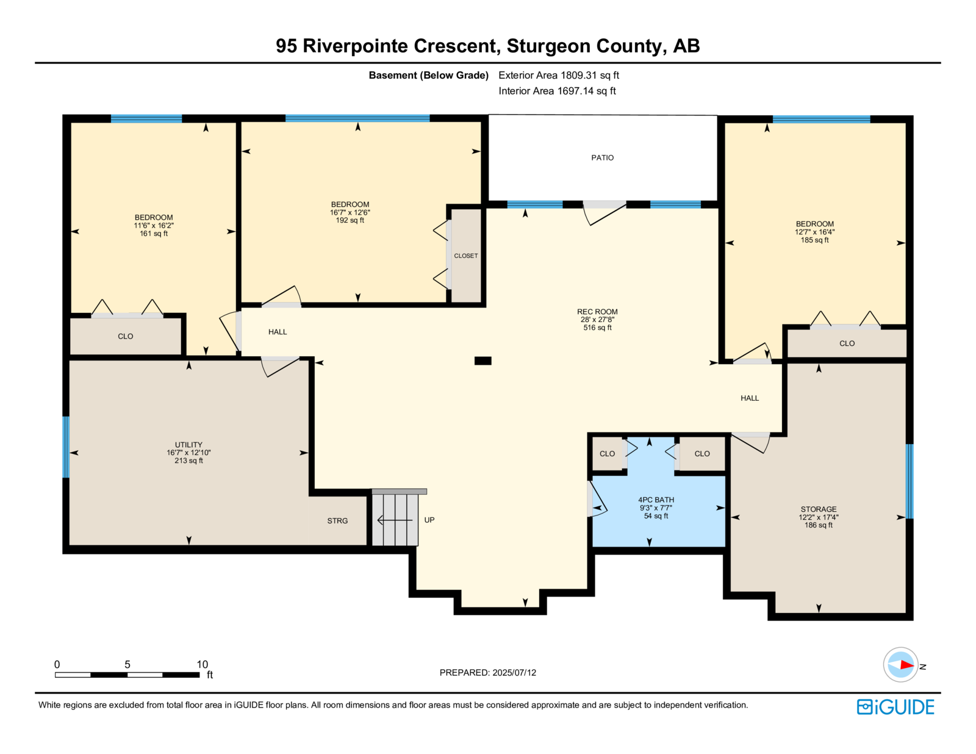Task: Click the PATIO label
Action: pyautogui.click(x=602, y=157)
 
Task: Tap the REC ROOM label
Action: pyautogui.click(x=597, y=312)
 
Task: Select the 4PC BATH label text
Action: pyautogui.click(x=656, y=500)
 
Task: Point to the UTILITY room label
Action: pyautogui.click(x=188, y=445)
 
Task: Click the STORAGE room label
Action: pyautogui.click(x=819, y=509)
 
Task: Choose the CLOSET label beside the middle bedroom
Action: pyautogui.click(x=466, y=256)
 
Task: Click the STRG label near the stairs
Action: pyautogui.click(x=337, y=521)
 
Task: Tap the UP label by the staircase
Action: pyautogui.click(x=429, y=520)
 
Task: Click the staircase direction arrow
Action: pyautogui.click(x=395, y=520)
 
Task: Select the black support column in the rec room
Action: pyautogui.click(x=483, y=361)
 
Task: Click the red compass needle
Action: pyautogui.click(x=907, y=665)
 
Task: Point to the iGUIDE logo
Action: pyautogui.click(x=895, y=707)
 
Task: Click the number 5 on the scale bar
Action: pyautogui.click(x=127, y=665)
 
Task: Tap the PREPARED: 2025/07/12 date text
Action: pyautogui.click(x=488, y=673)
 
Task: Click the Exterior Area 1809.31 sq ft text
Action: pyautogui.click(x=559, y=76)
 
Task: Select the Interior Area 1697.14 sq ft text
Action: pyautogui.click(x=557, y=91)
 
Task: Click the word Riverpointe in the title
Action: pyautogui.click(x=355, y=46)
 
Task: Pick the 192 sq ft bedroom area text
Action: pyautogui.click(x=350, y=220)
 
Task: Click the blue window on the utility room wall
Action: pyautogui.click(x=66, y=447)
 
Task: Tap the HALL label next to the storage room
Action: pyautogui.click(x=750, y=398)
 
